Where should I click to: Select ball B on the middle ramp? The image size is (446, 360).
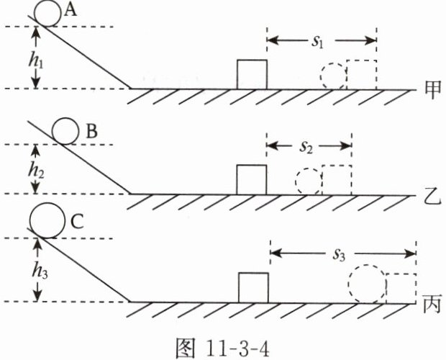65,131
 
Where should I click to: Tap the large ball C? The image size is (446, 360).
47,220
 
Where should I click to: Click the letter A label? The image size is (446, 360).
70,11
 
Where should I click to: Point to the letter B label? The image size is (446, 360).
91,132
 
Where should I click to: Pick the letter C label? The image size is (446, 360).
77,222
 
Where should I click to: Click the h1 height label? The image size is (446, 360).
36,61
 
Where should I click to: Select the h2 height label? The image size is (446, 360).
36,171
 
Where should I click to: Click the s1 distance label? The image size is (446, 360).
317,42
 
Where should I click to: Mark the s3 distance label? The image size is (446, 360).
339,255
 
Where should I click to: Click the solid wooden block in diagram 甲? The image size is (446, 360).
252,75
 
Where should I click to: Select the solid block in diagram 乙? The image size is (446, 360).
252,180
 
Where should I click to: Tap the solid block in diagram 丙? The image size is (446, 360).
253,288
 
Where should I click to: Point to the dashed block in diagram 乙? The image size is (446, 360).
337,180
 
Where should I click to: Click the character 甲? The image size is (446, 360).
433,90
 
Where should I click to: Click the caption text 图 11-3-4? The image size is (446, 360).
222,348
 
